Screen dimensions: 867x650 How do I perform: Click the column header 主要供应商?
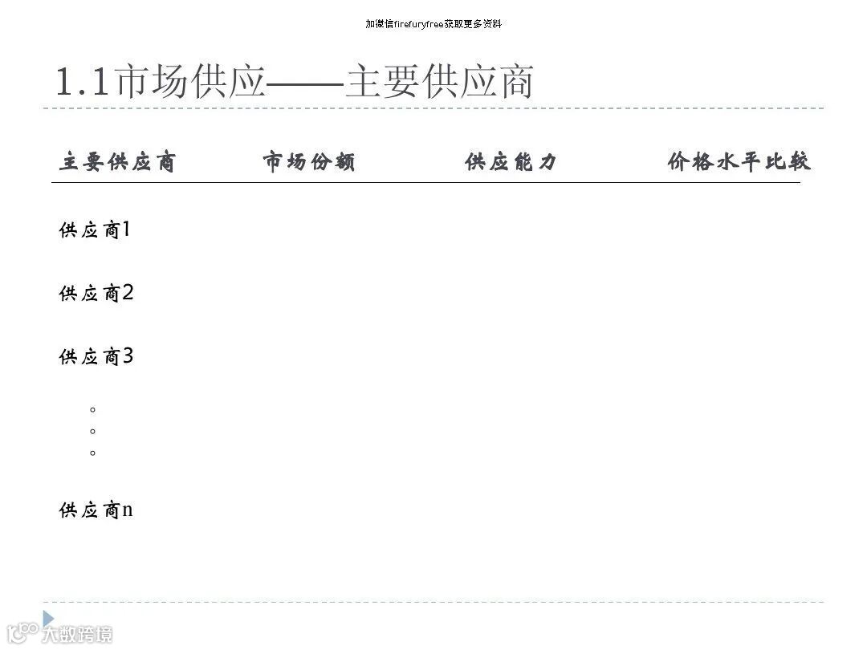coord(117,163)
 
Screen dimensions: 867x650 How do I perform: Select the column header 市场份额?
coord(309,163)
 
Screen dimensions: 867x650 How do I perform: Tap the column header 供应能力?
coord(511,163)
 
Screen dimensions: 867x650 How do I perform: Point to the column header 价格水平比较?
coord(739,163)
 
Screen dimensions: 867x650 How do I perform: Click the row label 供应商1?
coord(95,231)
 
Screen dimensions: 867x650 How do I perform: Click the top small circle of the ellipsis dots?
coord(93,409)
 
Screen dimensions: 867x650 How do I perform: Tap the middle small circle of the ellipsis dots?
coord(93,431)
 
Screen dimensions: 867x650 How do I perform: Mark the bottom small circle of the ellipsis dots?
coord(93,453)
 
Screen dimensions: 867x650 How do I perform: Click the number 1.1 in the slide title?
coord(82,83)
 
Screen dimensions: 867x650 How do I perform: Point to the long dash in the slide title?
coord(305,83)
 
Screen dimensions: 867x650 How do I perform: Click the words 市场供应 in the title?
coord(190,83)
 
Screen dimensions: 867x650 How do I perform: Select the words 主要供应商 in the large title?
coord(439,83)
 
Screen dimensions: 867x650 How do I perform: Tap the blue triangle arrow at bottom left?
coord(48,618)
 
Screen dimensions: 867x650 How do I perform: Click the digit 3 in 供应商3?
coord(128,356)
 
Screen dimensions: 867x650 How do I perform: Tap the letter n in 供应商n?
coord(127,510)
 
